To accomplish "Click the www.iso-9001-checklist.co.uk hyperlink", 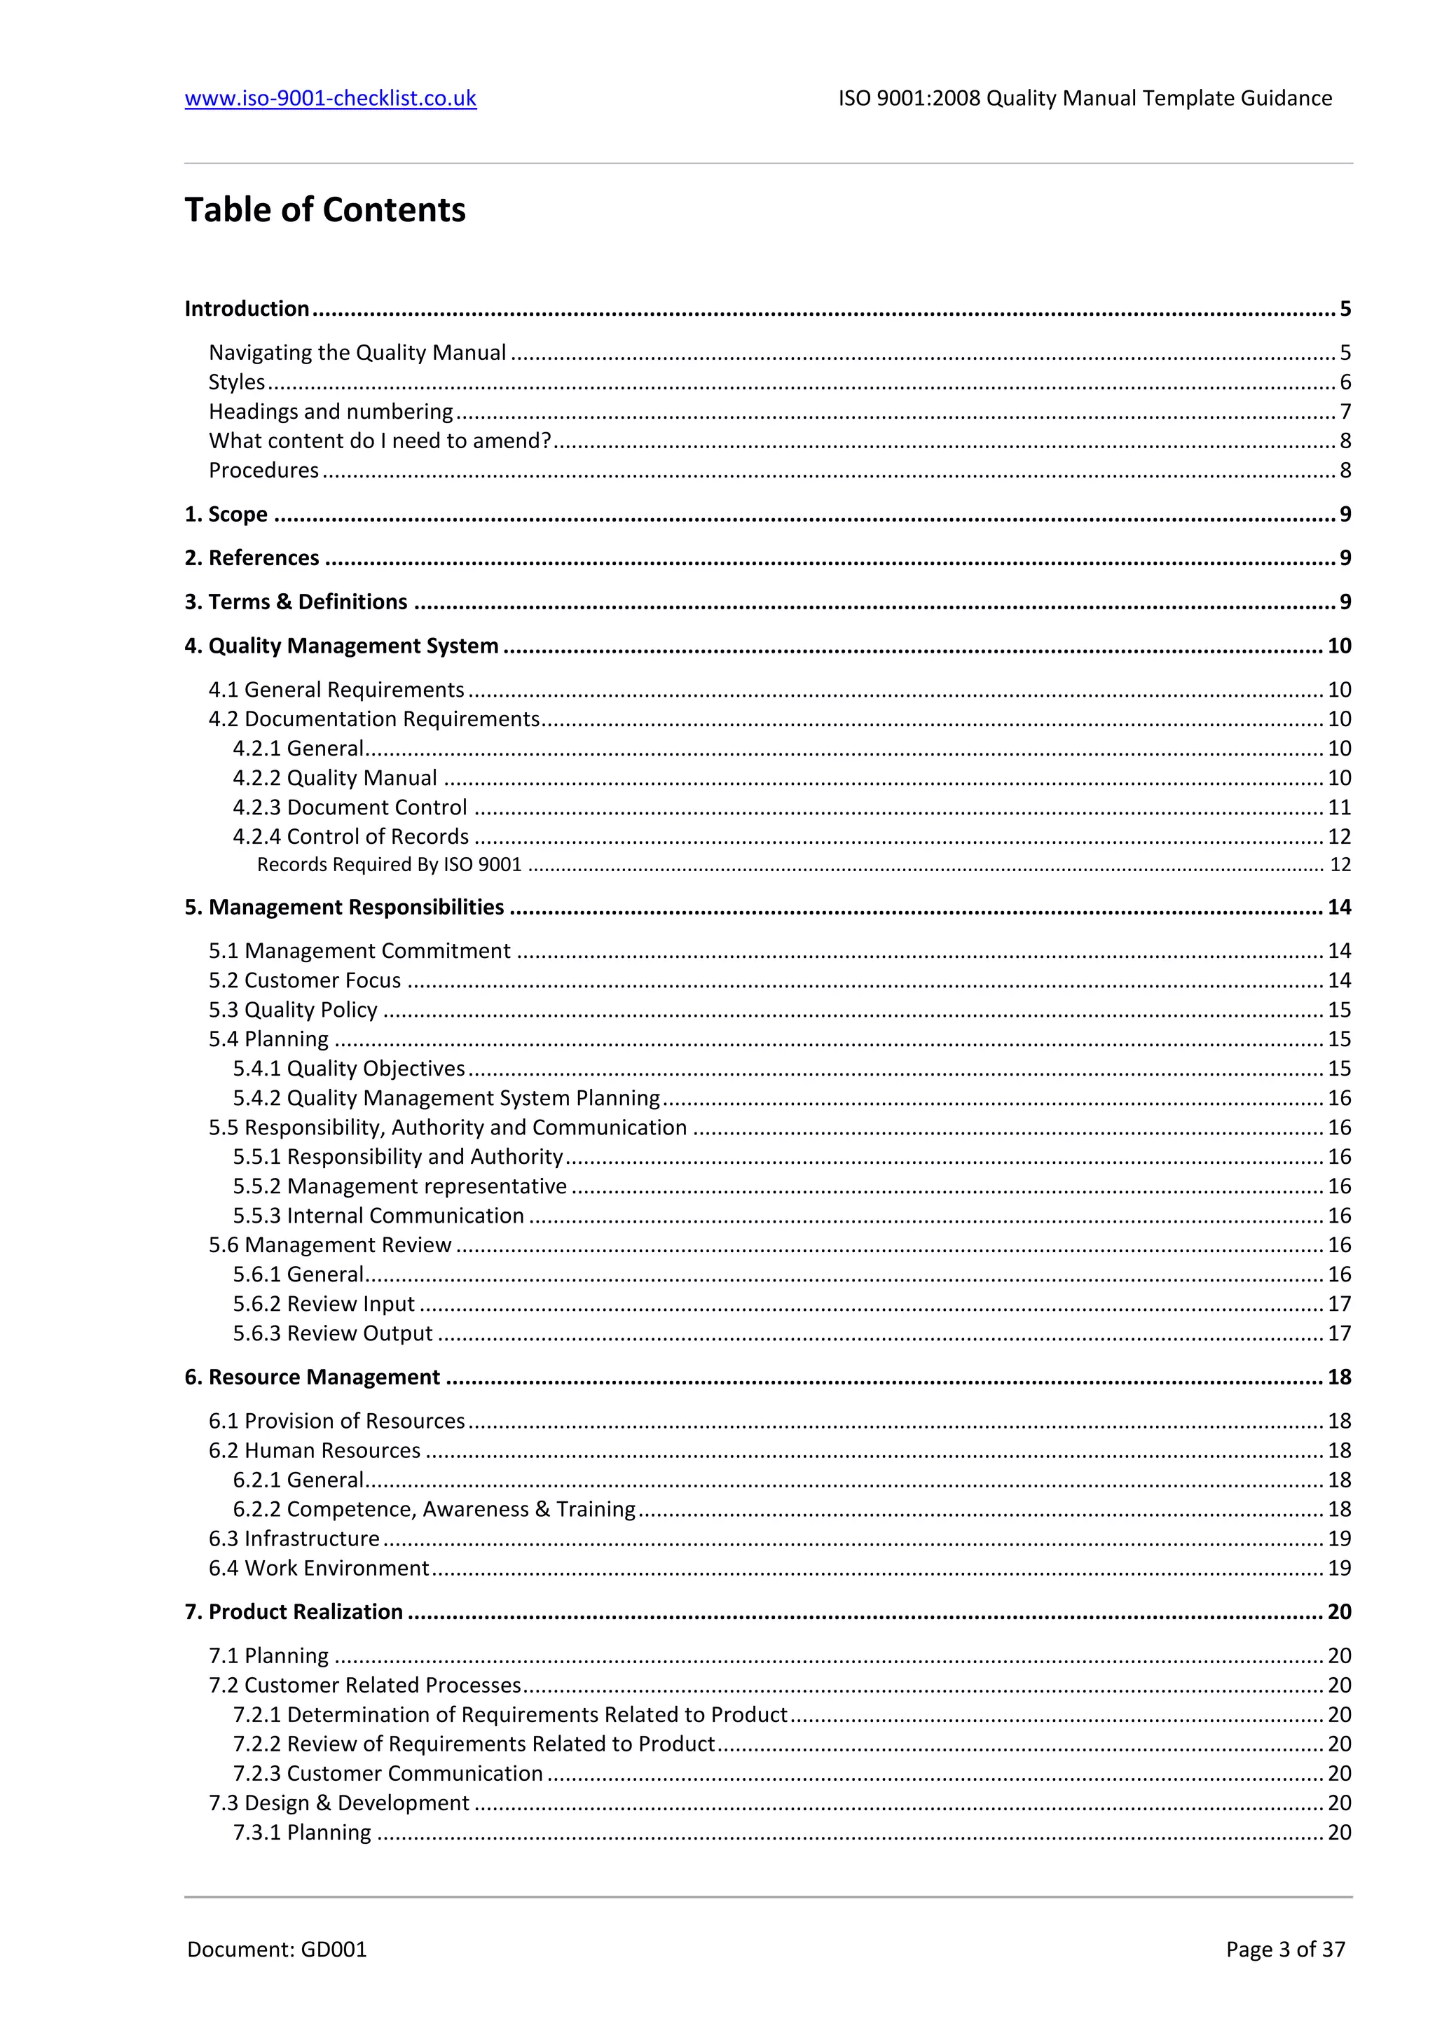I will click(331, 98).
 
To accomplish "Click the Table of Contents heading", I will click(324, 210).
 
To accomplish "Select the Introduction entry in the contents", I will click(247, 308).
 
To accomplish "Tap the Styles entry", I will click(237, 382).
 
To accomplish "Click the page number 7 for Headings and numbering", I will click(1345, 412).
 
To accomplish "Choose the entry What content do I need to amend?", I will click(380, 440).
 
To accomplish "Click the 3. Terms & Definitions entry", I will click(296, 602).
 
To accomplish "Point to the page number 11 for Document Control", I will click(1339, 807).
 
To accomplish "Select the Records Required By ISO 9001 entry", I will click(389, 865).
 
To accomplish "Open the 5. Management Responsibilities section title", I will click(344, 907).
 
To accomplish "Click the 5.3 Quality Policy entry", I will click(292, 1010).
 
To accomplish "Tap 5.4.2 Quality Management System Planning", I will click(446, 1098).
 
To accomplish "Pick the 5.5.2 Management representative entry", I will click(399, 1186).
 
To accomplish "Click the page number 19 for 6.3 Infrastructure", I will click(1339, 1539).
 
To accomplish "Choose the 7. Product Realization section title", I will click(294, 1612).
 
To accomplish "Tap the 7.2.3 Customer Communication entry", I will click(388, 1774).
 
